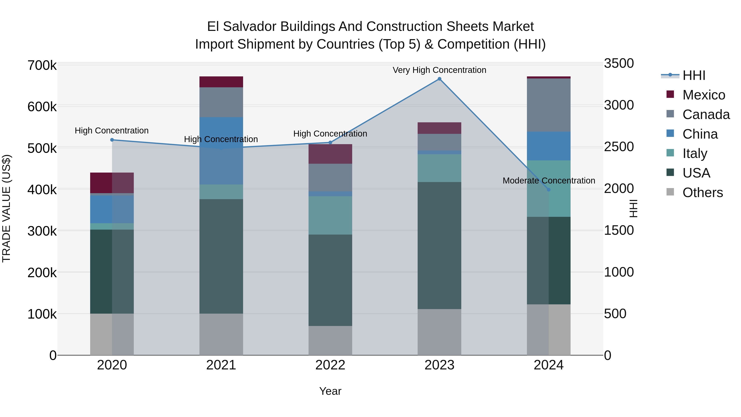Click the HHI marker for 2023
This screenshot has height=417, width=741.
point(439,79)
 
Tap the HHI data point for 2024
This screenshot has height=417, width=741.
point(548,190)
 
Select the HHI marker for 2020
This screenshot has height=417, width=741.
point(112,140)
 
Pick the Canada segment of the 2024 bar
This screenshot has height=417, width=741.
point(548,105)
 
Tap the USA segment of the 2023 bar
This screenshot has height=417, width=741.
point(439,245)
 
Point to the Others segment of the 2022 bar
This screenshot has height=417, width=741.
point(330,340)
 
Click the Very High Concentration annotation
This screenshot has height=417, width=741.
point(439,70)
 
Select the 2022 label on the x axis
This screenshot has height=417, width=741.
point(330,365)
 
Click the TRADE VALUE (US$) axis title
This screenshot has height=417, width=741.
point(6,208)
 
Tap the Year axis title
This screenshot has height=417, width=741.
point(330,391)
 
